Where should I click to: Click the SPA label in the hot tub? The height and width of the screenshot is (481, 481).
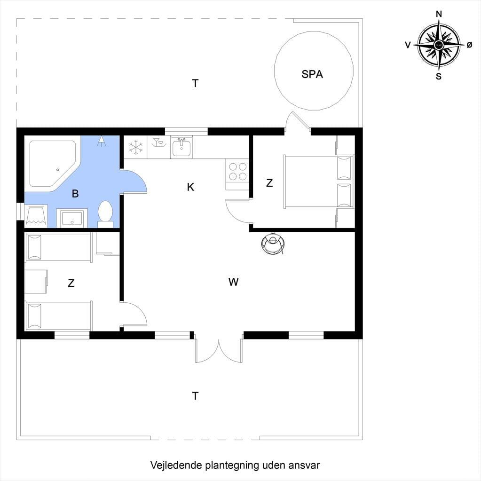click(x=312, y=74)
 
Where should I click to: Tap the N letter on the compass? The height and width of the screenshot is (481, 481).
click(x=439, y=14)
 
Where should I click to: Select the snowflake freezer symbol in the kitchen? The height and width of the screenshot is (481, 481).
click(x=135, y=147)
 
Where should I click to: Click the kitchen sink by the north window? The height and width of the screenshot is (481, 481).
click(x=181, y=148)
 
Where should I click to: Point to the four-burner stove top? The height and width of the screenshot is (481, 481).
click(x=237, y=172)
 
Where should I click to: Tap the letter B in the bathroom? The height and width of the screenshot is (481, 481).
click(x=75, y=194)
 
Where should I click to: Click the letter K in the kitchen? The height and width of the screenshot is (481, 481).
click(x=190, y=187)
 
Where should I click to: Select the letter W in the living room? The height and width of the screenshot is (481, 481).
click(x=233, y=282)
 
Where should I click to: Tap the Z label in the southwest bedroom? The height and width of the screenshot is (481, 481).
click(x=71, y=283)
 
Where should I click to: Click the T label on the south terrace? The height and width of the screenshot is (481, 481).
click(x=195, y=396)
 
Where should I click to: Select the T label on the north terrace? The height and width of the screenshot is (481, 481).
click(x=195, y=83)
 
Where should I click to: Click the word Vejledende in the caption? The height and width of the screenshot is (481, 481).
click(x=176, y=465)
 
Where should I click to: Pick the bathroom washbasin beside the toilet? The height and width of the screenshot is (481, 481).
click(x=72, y=218)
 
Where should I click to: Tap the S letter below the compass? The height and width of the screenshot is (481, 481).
click(x=439, y=76)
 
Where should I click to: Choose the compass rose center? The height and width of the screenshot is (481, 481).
click(x=439, y=45)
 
